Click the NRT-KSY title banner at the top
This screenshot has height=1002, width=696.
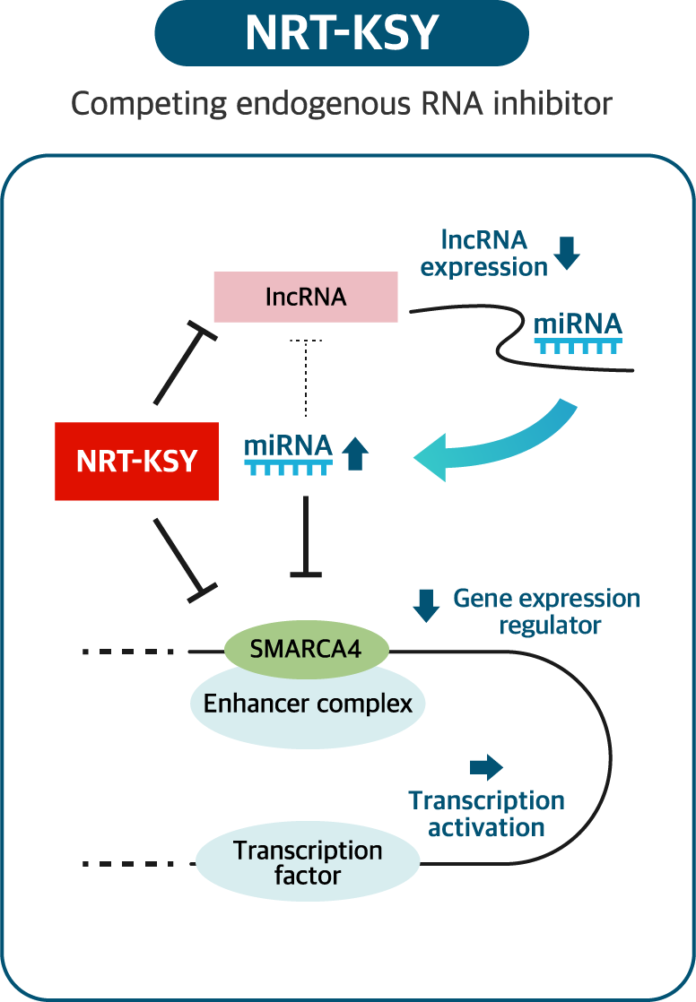342,33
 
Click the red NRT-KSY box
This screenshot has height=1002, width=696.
137,461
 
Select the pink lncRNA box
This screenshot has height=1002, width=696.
306,297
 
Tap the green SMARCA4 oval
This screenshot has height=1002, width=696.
307,649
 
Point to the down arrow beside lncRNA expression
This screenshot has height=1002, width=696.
567,253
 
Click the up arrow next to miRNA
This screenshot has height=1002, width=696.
355,453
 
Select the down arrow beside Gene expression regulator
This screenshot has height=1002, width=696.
426,606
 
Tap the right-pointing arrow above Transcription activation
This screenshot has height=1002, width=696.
486,767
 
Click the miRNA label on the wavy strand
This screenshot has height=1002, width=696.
578,324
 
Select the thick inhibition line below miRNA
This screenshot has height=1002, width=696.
306,537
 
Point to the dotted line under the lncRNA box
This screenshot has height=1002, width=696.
306,377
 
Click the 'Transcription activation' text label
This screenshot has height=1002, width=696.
486,814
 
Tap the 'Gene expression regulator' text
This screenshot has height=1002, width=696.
547,611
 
